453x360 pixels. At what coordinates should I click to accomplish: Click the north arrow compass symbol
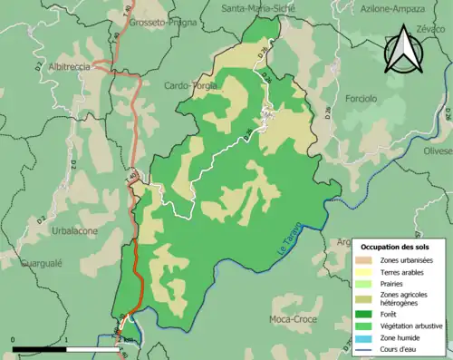403,51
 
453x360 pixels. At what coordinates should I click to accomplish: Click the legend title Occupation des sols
397,247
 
